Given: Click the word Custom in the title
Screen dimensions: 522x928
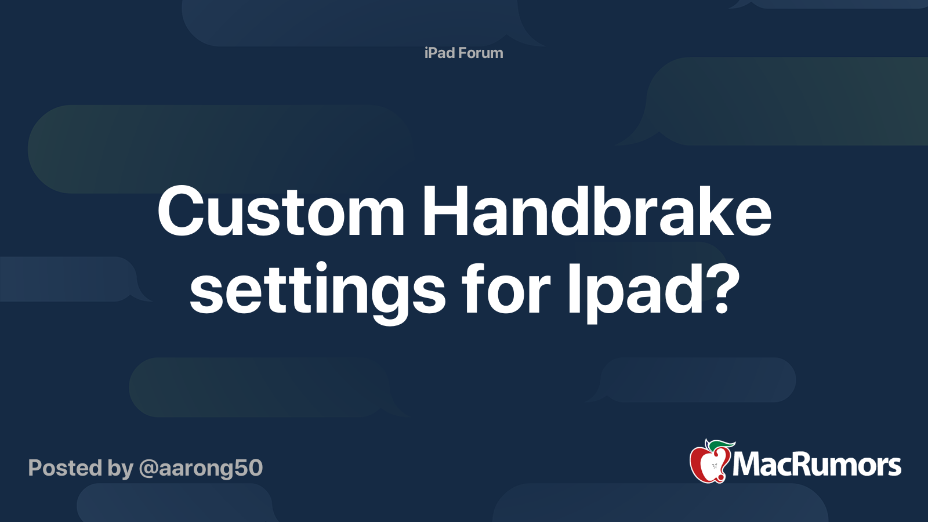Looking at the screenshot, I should [281, 212].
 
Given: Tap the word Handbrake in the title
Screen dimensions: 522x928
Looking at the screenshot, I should [597, 212].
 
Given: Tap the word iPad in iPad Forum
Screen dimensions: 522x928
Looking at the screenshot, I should [439, 53].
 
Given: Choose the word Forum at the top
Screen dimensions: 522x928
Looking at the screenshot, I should [480, 53].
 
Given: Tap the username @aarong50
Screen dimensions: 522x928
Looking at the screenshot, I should [201, 468].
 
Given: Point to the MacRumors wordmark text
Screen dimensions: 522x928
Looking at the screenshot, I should [817, 465].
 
